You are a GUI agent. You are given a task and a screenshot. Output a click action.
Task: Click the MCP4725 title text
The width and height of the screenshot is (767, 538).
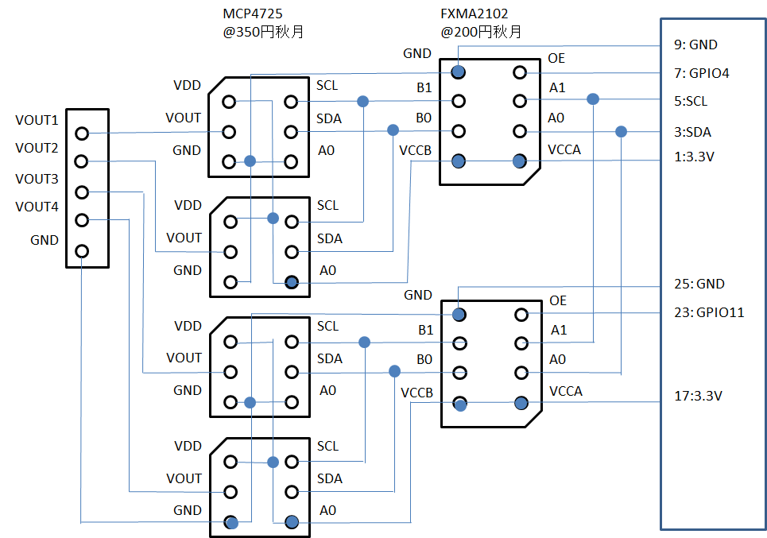point(253,14)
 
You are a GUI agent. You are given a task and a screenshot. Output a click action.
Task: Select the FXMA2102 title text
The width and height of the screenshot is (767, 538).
point(474,14)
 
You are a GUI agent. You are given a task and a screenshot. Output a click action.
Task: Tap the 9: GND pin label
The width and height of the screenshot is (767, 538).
point(695,45)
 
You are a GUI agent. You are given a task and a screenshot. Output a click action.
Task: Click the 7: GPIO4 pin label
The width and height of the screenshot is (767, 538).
point(702,73)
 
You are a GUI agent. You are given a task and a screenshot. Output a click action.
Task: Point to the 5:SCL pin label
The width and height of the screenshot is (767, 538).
point(691,101)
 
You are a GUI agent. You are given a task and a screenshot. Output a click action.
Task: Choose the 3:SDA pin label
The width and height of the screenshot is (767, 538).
point(692,132)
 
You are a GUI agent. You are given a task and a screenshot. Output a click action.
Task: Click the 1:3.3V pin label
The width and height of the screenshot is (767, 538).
point(694,157)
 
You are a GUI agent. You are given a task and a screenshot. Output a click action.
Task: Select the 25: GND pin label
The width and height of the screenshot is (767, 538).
point(699,284)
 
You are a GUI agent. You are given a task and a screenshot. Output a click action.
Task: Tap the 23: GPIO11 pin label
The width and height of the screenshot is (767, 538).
point(709,312)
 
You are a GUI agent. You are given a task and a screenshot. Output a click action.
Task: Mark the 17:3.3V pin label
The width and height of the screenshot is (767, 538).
point(698,396)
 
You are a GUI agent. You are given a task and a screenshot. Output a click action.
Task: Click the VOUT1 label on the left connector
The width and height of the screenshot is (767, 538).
point(37,120)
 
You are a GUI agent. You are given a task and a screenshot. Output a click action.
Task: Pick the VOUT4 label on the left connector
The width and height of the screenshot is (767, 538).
point(37,207)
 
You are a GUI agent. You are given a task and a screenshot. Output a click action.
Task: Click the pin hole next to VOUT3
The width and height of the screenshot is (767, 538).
point(82,192)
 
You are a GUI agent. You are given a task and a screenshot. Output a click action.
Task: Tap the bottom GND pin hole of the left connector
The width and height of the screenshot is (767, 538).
point(82,251)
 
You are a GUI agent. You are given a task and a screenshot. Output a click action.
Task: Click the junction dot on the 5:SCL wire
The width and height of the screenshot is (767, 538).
point(593,99)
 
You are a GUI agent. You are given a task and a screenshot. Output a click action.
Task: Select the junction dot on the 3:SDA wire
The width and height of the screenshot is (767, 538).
point(621,132)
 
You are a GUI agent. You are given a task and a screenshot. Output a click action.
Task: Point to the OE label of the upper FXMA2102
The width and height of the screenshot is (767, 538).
point(556,59)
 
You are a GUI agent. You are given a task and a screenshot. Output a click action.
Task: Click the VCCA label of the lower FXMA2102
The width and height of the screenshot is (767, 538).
point(566,391)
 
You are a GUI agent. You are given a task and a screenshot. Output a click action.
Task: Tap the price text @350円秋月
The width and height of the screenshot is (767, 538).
point(263,33)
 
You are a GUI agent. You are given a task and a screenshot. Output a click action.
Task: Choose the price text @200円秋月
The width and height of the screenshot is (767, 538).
point(481,33)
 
